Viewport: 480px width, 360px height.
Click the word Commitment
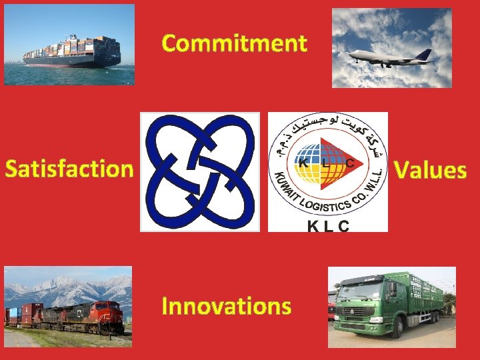coord(234,43)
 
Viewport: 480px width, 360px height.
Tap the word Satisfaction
coord(69,169)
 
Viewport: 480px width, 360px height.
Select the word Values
coord(430,170)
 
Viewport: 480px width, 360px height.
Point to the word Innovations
coord(227,306)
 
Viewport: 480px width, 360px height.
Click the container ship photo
coord(69,45)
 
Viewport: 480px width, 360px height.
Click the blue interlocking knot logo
coord(199,171)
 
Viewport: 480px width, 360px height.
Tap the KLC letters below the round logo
coord(327,226)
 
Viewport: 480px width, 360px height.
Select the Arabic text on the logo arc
coord(327,127)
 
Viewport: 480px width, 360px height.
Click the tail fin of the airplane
coord(424,55)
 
